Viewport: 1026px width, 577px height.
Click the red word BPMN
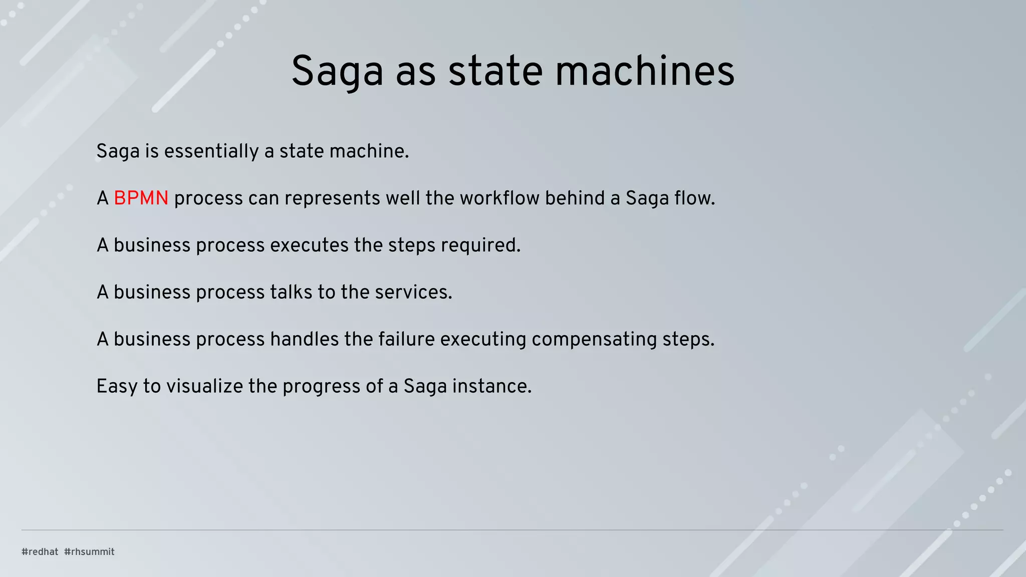[x=141, y=198]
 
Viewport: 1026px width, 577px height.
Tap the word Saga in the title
[x=337, y=71]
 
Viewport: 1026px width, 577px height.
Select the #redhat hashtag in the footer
[x=40, y=551]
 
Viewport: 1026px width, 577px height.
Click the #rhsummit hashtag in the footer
[x=89, y=551]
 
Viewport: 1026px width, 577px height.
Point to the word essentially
[x=211, y=151]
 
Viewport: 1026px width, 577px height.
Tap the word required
[x=480, y=245]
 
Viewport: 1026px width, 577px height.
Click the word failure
[x=406, y=340]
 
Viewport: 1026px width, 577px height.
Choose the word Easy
[x=117, y=387]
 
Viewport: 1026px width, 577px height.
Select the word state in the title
[x=495, y=71]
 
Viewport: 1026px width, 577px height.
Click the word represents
[x=332, y=198]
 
